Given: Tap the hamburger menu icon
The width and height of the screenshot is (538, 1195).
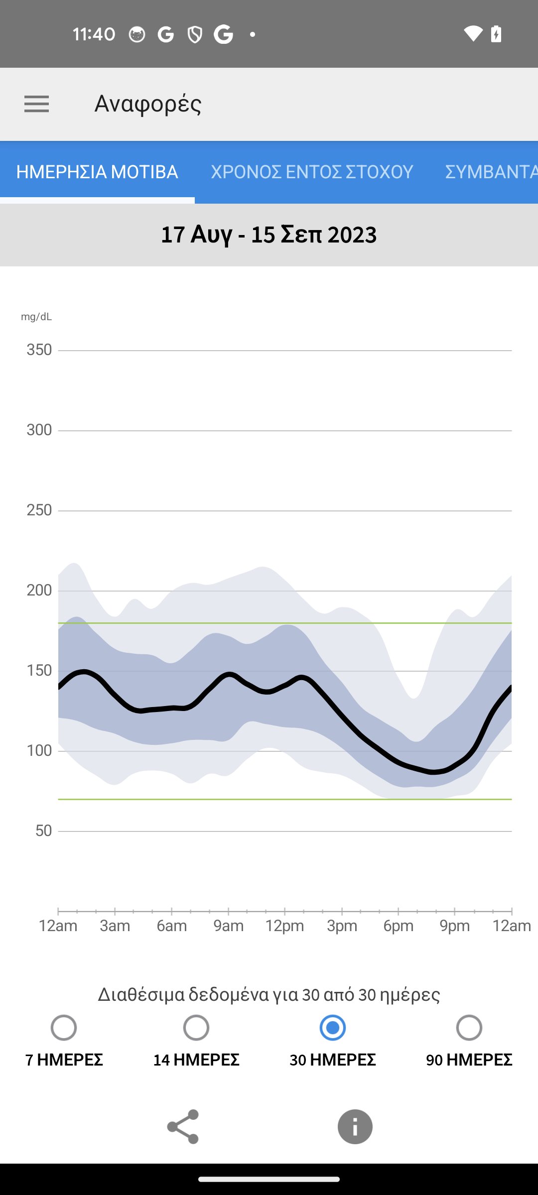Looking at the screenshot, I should point(36,104).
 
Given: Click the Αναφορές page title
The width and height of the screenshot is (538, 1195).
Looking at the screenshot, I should point(148,104).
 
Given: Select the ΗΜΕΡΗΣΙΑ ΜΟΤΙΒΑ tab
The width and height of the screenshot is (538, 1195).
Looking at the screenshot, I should point(97,172).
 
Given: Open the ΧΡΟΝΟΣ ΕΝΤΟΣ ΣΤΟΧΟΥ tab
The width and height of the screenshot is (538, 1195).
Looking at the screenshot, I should point(312,172).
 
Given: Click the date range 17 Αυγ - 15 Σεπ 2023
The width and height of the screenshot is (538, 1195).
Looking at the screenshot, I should point(269,235).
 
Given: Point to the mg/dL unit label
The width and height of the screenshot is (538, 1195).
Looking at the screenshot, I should point(36,317).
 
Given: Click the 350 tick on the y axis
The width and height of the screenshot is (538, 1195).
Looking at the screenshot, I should point(39,350).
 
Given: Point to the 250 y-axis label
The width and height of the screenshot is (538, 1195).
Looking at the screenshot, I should point(39,510).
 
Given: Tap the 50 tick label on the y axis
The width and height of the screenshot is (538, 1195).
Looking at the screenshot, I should point(43,831).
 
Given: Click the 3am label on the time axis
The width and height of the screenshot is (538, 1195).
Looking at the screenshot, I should point(115,926).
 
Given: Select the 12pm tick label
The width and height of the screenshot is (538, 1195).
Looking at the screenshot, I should point(284,926).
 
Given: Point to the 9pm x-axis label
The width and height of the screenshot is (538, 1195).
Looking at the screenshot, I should point(454,926).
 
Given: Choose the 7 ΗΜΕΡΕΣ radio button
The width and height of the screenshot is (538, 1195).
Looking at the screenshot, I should point(64,1028).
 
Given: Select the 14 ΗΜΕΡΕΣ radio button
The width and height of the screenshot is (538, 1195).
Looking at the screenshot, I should point(196,1028).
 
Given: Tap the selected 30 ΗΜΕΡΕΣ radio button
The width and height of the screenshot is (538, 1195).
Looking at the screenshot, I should point(333,1028).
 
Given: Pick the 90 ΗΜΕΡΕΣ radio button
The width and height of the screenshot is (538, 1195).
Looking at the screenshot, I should point(469,1028).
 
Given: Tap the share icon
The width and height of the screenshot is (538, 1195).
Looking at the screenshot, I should point(183,1127).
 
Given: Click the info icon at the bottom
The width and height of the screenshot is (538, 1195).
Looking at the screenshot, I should point(355,1127).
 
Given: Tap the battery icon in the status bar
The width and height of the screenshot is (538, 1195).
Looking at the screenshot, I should point(496,34).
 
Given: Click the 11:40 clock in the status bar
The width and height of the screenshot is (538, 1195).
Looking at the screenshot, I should point(94,34).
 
